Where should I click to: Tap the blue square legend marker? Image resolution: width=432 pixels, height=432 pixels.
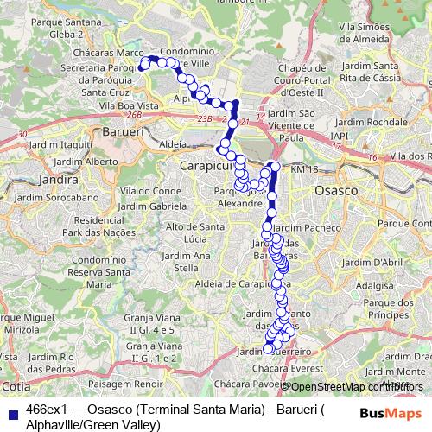13,406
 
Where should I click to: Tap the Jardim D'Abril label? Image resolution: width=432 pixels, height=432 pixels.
376,263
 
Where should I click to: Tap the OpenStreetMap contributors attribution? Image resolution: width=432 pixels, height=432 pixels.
353,386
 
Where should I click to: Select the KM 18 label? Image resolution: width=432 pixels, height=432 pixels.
305,170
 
